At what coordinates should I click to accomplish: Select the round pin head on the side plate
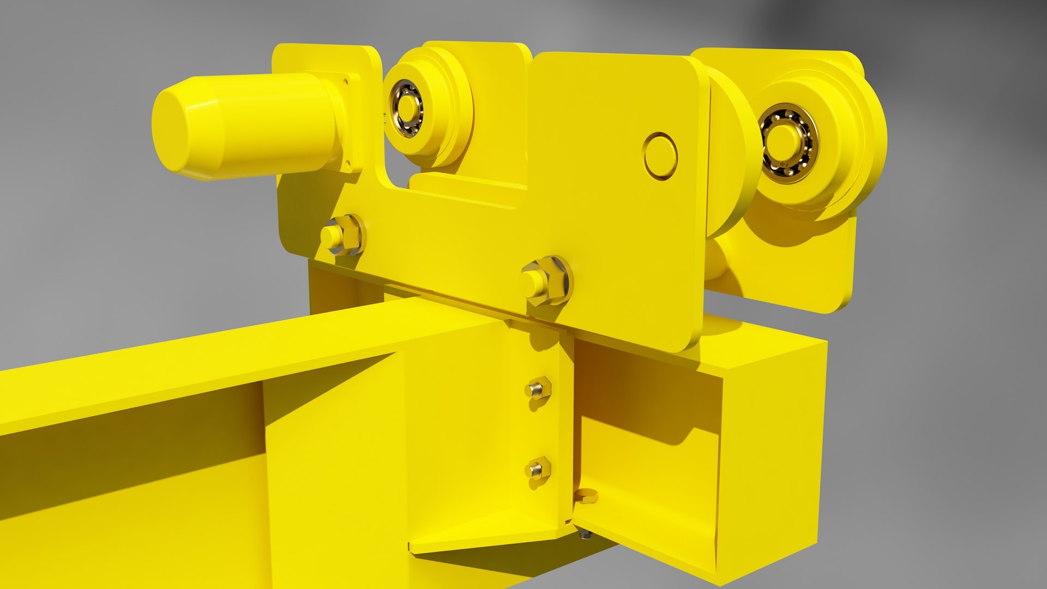tap(660, 156)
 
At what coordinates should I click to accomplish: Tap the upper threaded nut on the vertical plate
tap(538, 389)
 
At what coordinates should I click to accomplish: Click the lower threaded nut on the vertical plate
tap(538, 468)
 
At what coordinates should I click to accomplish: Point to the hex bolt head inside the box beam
tap(586, 496)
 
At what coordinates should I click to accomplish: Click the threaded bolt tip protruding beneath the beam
tap(585, 534)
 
